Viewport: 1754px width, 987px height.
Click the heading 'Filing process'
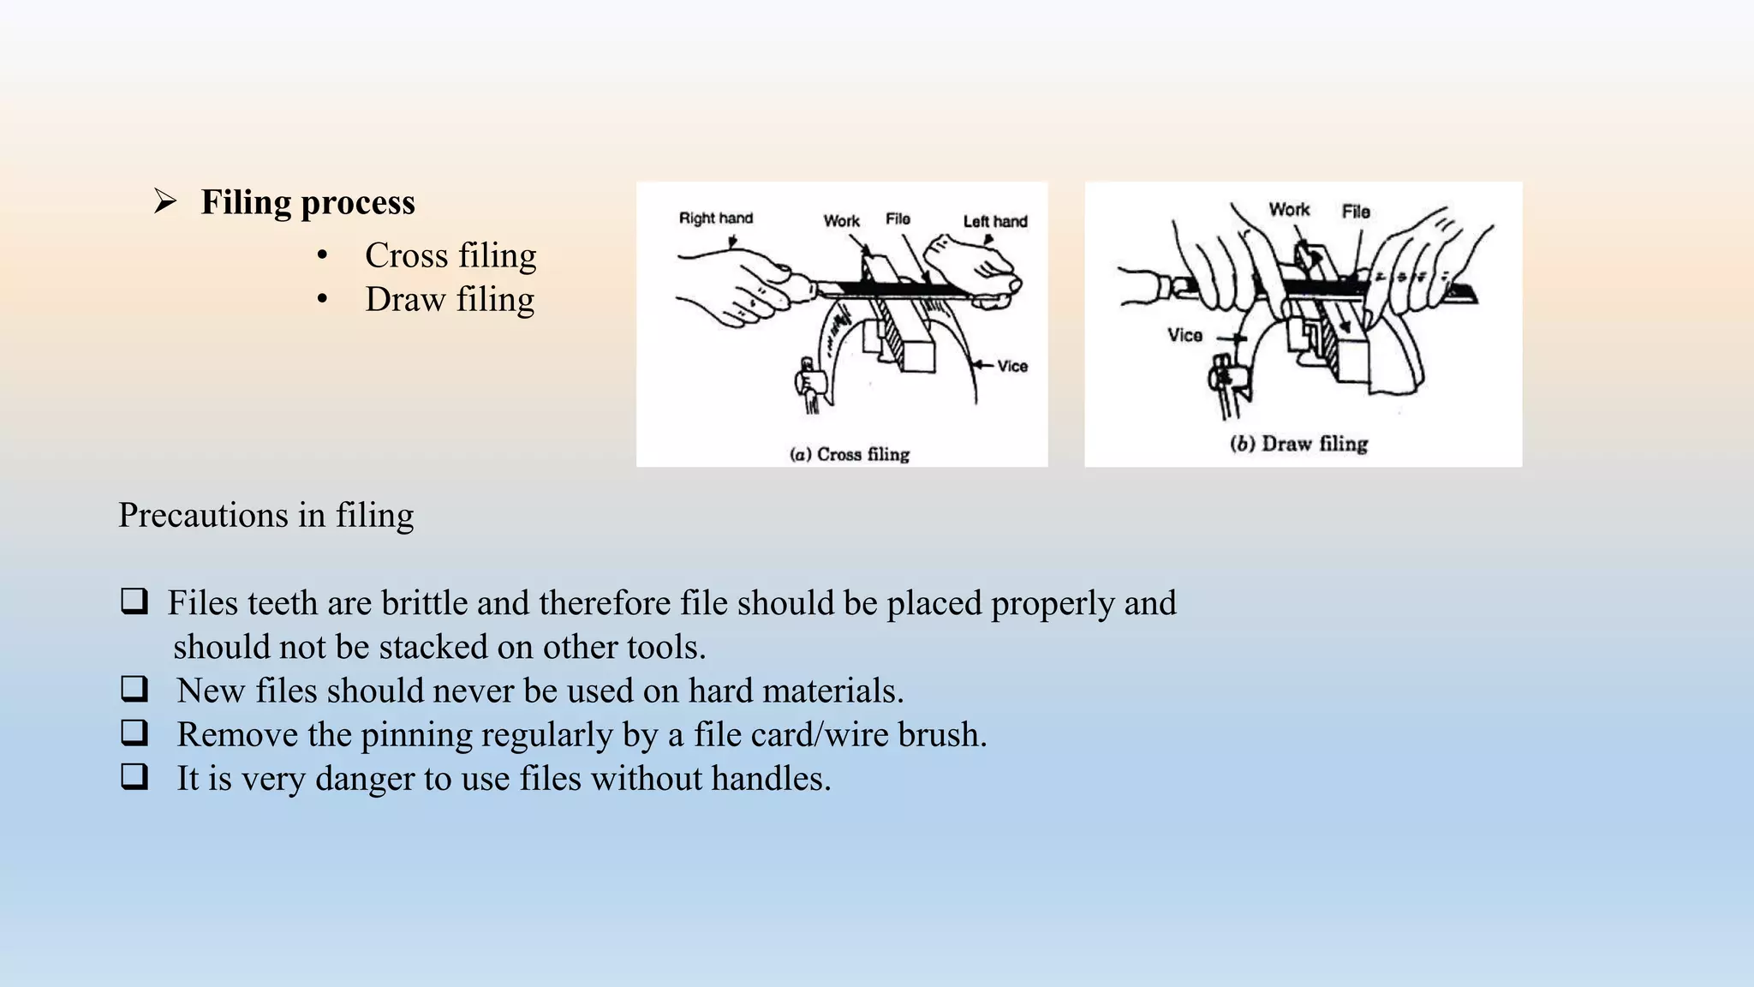coord(307,203)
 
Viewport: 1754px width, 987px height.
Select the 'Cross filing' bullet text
coord(450,255)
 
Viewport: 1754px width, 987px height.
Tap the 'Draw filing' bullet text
coord(450,300)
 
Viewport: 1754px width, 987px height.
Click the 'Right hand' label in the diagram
coord(715,218)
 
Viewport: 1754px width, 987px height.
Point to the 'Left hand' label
coord(994,221)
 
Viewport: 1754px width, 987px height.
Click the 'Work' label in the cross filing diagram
coord(841,221)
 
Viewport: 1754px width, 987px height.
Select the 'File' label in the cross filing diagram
coord(898,219)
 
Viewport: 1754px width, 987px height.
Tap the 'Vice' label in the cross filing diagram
coord(1011,367)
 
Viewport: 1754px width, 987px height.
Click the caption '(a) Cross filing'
coord(849,454)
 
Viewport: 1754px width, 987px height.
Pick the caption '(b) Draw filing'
coord(1298,444)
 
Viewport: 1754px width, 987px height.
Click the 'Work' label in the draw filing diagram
coord(1288,210)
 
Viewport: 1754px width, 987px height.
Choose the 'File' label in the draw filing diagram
coord(1356,212)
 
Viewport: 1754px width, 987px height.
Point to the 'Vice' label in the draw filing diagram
coord(1184,336)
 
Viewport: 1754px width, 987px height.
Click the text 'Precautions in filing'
coord(265,516)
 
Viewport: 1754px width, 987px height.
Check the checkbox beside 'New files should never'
coord(134,689)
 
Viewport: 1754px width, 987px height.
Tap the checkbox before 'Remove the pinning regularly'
coord(134,733)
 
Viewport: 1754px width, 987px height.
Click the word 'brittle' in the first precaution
coord(424,603)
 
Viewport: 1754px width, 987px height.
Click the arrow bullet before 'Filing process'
coord(164,202)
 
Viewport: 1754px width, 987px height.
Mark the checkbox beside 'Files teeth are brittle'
coord(134,601)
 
